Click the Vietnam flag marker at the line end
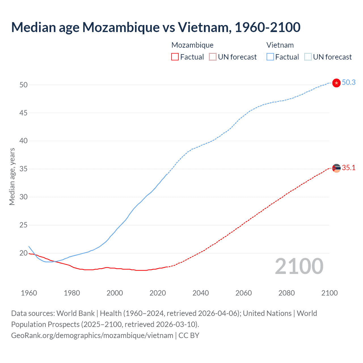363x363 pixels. pos(336,83)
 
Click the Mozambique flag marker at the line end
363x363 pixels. pos(336,168)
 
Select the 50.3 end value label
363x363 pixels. pos(349,83)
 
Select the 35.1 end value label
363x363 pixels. pos(349,168)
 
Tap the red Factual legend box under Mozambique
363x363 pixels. pos(175,57)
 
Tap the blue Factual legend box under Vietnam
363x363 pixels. pos(270,57)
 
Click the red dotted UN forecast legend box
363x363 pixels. pos(213,57)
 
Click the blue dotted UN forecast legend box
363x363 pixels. pos(308,57)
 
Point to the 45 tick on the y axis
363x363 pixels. pos(24,113)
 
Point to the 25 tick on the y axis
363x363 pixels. pos(24,225)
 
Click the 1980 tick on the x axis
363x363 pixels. pos(72,293)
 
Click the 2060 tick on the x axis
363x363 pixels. pos(244,293)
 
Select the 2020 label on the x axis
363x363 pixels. pos(158,293)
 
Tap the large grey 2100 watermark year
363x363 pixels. pos(299,266)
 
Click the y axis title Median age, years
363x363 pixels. pos(12,176)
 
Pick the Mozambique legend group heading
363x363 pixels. pos(192,45)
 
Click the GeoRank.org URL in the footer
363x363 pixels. pos(92,335)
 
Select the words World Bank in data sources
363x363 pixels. pos(75,313)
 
